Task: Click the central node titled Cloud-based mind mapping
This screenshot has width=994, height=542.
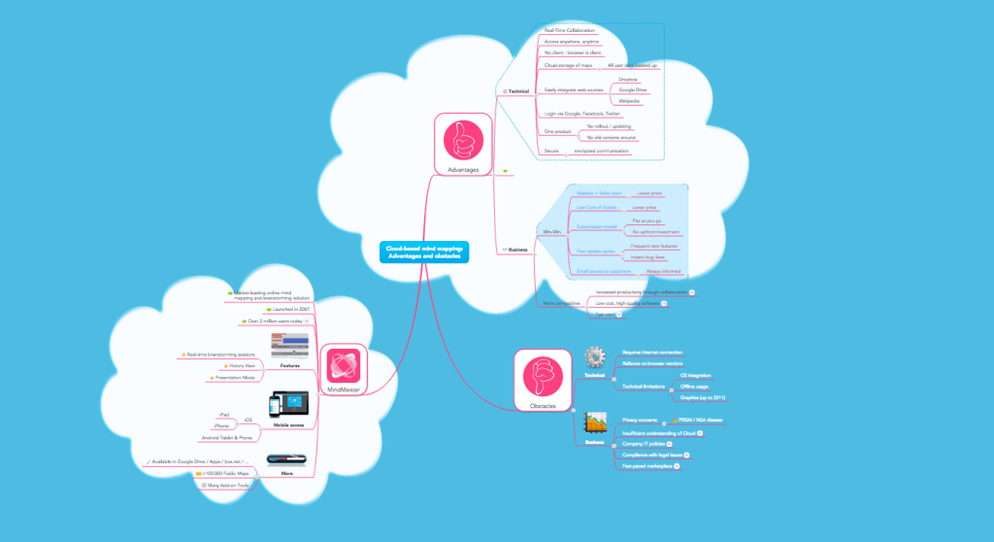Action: pyautogui.click(x=424, y=253)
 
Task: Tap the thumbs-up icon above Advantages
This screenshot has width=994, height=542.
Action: pyautogui.click(x=463, y=140)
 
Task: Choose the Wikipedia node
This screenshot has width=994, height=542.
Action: pyautogui.click(x=629, y=101)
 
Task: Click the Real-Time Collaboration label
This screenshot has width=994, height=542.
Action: pyautogui.click(x=570, y=31)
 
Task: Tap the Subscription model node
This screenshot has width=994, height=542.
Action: pyautogui.click(x=596, y=226)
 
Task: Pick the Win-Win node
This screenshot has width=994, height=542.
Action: pyautogui.click(x=549, y=232)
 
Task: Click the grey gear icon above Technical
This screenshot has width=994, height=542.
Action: pyautogui.click(x=594, y=356)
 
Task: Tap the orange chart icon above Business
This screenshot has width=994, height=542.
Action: pyautogui.click(x=594, y=423)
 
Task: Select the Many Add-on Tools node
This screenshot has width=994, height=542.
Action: pyautogui.click(x=227, y=484)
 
